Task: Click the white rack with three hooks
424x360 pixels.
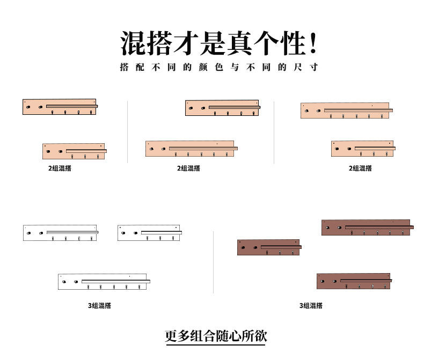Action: (149, 233)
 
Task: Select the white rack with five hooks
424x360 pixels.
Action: (104, 282)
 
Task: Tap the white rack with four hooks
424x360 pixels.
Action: (60, 233)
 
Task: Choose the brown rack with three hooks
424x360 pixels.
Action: (268, 247)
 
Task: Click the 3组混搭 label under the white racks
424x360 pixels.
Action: (100, 306)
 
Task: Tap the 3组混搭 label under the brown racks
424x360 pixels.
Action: (311, 306)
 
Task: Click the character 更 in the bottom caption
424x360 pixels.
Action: (171, 336)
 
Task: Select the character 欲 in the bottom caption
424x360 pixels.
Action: (260, 336)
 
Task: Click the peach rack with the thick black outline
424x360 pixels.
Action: (60, 107)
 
